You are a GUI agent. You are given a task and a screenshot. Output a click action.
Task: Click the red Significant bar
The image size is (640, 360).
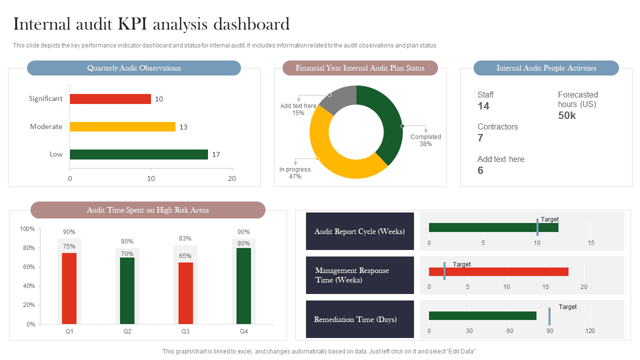[x=110, y=99]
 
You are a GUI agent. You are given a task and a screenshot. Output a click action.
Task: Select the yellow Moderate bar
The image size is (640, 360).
[x=122, y=127]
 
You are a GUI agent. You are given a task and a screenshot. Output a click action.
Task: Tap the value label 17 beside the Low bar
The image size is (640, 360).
[x=216, y=154]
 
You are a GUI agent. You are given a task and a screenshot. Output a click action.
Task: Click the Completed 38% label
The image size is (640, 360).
[x=425, y=140]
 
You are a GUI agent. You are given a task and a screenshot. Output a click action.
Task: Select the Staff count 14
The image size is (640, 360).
[x=483, y=106]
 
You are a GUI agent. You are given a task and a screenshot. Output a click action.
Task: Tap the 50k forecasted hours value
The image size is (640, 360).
[x=567, y=115]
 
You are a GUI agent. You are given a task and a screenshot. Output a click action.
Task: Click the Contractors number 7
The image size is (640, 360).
[x=480, y=138]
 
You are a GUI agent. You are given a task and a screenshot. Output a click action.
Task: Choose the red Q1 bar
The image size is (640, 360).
[x=69, y=288]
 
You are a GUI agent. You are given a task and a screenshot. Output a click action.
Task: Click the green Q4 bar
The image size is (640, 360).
[x=243, y=286]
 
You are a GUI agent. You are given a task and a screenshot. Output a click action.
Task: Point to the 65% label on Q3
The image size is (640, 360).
[x=185, y=256]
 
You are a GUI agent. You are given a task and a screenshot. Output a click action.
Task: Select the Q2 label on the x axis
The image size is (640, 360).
[x=127, y=331]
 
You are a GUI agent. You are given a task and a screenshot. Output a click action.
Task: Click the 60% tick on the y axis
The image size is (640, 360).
[x=27, y=267]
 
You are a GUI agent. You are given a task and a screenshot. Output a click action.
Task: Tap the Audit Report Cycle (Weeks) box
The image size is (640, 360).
[x=359, y=231]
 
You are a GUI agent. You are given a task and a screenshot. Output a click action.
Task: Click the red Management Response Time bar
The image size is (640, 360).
[x=498, y=271]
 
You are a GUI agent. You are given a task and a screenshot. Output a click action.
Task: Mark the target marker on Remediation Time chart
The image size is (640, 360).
[x=549, y=316]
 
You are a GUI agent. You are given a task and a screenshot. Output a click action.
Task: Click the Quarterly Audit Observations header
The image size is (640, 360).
[x=134, y=68]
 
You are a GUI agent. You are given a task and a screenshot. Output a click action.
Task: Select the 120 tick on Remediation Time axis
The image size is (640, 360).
[x=590, y=331]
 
